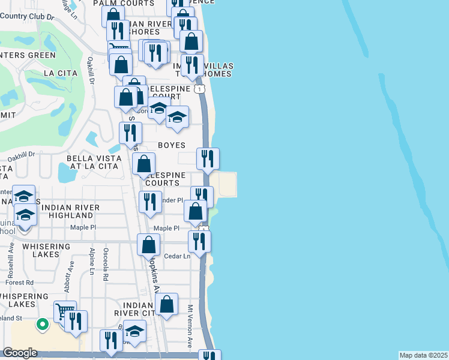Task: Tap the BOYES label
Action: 171,145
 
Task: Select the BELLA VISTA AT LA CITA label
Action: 94,163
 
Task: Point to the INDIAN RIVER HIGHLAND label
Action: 71,211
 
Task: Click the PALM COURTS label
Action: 124,3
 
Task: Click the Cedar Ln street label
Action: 178,256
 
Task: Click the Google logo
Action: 20,353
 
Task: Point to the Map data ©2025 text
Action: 424,355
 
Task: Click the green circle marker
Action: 42,325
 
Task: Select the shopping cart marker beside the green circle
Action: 65,311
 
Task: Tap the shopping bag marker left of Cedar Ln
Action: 148,245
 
